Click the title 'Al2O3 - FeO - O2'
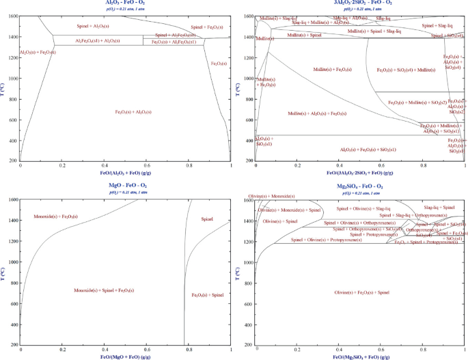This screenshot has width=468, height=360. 125,3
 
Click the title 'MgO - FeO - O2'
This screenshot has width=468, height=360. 125,186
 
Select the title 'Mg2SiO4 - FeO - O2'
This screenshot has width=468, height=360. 360,186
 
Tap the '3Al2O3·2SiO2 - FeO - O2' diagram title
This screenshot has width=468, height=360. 360,3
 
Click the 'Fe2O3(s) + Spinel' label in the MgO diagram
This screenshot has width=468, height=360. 208,294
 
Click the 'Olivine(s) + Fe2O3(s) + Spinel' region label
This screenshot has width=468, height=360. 362,292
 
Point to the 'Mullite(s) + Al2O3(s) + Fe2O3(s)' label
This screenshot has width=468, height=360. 317,113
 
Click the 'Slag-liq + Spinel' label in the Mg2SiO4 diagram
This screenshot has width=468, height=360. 439,206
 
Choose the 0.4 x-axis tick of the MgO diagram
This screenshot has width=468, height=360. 105,348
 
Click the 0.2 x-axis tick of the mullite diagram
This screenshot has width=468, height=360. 297,165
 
